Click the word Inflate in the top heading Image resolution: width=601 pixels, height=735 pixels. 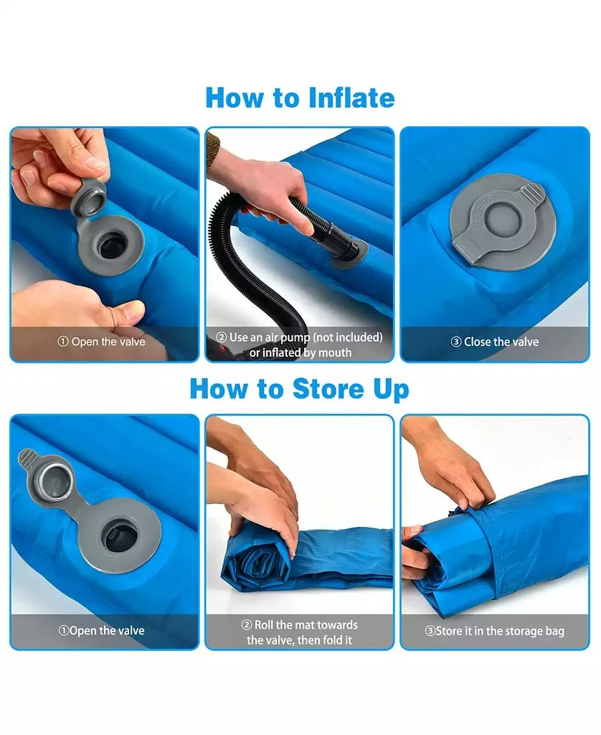tap(349, 98)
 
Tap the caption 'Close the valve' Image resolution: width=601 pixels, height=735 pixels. tap(501, 342)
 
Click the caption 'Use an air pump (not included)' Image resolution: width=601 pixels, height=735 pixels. tap(306, 337)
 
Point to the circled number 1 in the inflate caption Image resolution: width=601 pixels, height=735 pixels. tap(62, 342)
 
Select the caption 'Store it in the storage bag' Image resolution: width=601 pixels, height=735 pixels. tap(495, 631)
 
